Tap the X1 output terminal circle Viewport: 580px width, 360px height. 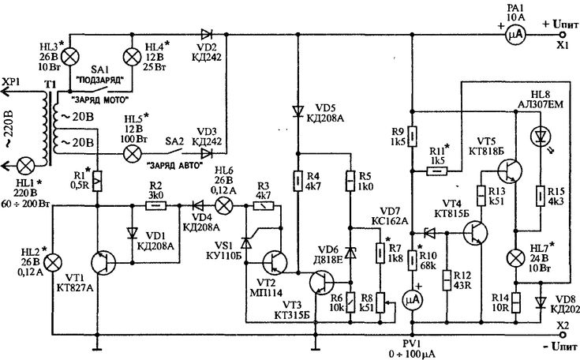pos(563,35)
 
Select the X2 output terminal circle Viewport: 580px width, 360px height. pos(563,335)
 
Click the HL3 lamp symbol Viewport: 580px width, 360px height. pos(69,57)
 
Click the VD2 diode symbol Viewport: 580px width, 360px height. pos(207,35)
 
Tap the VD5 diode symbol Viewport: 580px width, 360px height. pos(297,111)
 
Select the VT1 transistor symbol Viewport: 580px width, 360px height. pos(103,263)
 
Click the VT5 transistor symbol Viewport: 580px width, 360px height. pos(510,171)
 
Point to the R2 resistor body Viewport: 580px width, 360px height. pos(156,206)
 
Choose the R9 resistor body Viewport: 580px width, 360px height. pos(413,136)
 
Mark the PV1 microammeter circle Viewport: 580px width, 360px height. pos(413,301)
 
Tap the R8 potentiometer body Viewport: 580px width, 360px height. pos(380,303)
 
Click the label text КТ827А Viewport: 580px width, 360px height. pos(74,288)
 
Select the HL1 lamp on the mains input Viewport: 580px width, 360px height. pos(26,166)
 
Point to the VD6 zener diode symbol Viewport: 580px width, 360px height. pos(350,253)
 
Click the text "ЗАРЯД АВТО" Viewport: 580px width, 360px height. pos(175,166)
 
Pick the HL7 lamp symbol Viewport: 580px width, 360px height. pos(515,258)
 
